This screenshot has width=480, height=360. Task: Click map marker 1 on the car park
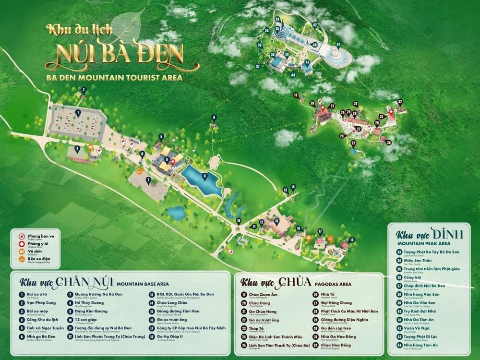(x=78, y=113)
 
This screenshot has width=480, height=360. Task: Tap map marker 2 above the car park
(x=83, y=90)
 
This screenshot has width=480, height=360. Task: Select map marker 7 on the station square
(x=149, y=180)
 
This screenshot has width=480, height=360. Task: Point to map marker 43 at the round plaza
(x=338, y=45)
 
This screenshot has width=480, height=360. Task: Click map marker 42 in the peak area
(x=315, y=25)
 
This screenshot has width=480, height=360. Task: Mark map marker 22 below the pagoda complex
(x=353, y=143)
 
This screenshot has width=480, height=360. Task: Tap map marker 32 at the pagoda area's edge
(x=400, y=102)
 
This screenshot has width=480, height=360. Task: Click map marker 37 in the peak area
(x=258, y=66)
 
